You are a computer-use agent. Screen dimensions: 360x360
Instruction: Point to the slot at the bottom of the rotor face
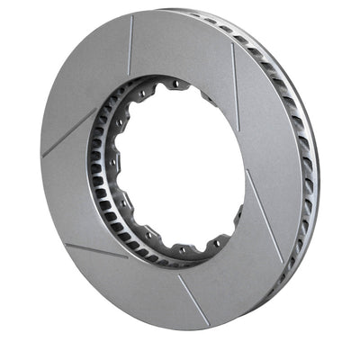[x=193, y=300]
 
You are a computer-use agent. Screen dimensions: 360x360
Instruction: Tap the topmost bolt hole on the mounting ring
[x=176, y=85]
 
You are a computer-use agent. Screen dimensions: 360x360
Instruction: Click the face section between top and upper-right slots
[x=184, y=45]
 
